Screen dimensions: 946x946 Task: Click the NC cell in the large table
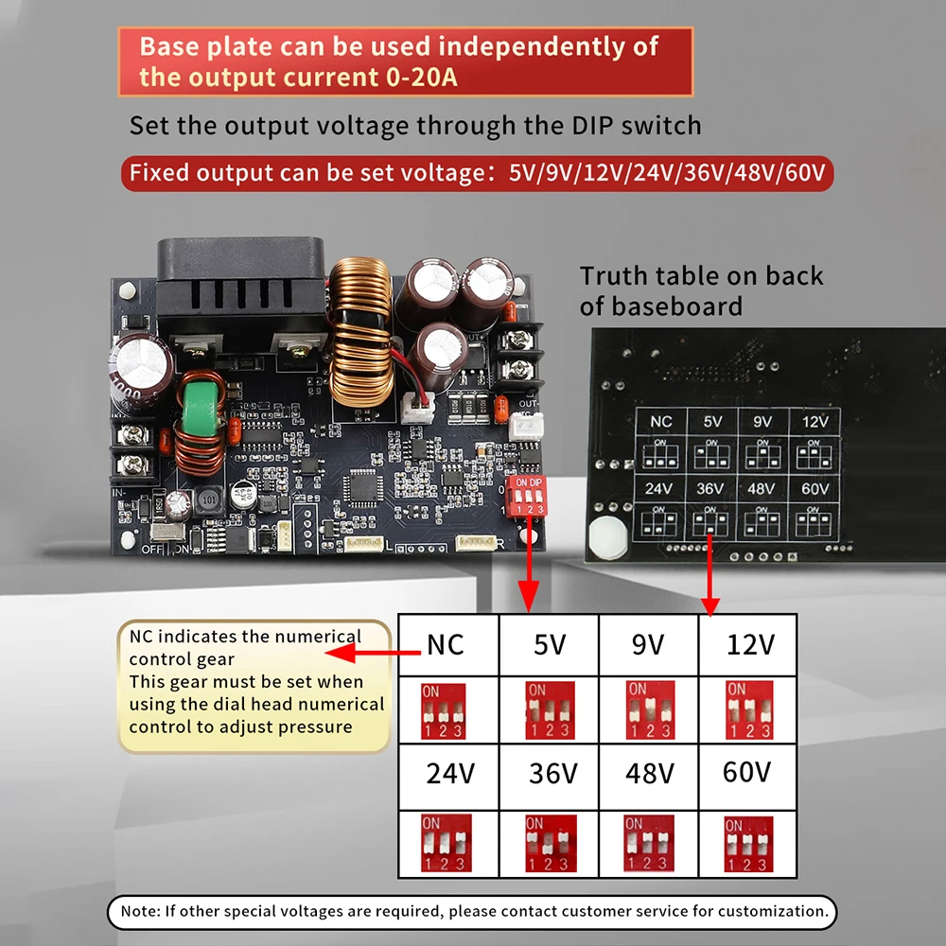(x=447, y=644)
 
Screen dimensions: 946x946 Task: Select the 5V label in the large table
(x=550, y=644)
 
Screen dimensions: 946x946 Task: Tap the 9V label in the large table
(x=648, y=644)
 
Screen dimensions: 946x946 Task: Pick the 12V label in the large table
(x=750, y=644)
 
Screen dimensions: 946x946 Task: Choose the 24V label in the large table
(x=449, y=773)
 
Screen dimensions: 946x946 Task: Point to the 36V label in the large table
(x=552, y=773)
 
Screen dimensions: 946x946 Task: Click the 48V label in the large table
(x=650, y=773)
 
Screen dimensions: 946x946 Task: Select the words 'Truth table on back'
(x=701, y=276)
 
